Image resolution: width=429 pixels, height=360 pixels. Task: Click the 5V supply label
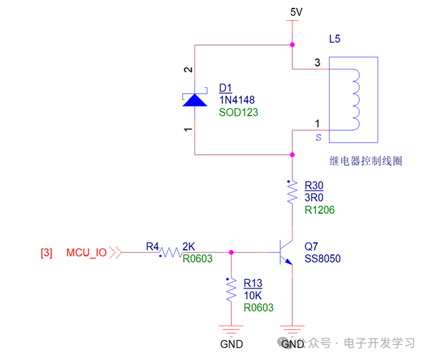(296, 13)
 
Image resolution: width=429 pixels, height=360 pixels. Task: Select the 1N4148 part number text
(237, 100)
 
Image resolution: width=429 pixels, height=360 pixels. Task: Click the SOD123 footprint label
(238, 112)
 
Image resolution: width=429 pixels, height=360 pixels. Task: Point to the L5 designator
(335, 37)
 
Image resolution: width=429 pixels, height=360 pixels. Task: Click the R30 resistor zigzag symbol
(292, 191)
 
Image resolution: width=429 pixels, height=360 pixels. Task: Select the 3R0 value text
(315, 198)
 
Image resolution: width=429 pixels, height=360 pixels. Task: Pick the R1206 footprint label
(319, 210)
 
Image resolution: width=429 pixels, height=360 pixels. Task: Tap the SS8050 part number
(322, 258)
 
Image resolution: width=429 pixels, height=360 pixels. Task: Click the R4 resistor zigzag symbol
(169, 252)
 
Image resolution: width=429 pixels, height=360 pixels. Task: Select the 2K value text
(189, 246)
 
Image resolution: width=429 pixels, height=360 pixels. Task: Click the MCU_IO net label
(87, 253)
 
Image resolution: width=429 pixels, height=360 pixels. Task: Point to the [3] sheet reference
(46, 253)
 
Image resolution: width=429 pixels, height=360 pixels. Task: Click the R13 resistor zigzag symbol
(231, 290)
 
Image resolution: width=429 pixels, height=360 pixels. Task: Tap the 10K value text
(253, 295)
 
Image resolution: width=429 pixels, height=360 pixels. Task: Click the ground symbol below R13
(231, 331)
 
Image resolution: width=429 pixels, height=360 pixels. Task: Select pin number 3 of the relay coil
(317, 63)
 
